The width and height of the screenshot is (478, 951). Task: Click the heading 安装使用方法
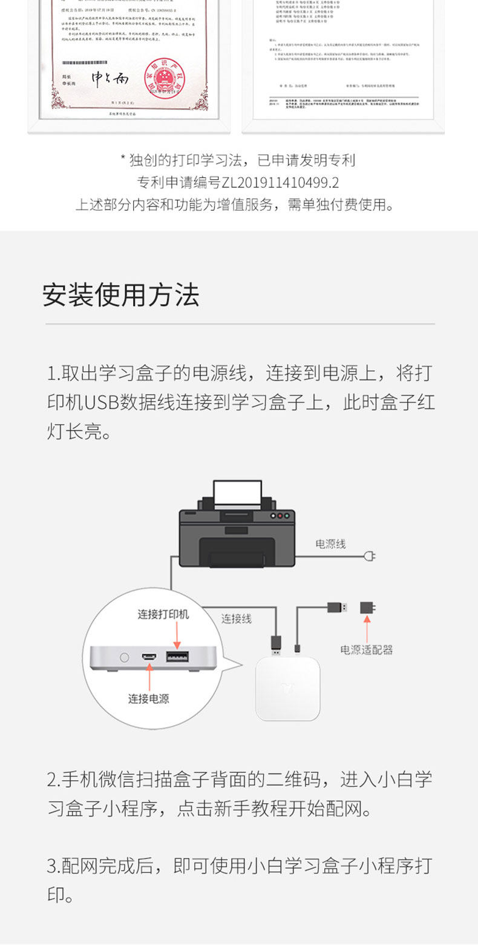pyautogui.click(x=120, y=295)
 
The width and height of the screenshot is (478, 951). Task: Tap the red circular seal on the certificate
pyautogui.click(x=164, y=80)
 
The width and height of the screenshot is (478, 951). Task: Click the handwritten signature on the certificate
pyautogui.click(x=110, y=78)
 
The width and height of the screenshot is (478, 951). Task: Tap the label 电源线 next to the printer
pyautogui.click(x=330, y=544)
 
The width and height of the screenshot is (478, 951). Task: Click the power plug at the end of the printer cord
pyautogui.click(x=370, y=555)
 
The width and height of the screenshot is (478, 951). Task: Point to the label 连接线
pyautogui.click(x=236, y=618)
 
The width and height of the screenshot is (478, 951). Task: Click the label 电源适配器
pyautogui.click(x=366, y=650)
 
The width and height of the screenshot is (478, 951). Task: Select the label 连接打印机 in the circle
pyautogui.click(x=163, y=614)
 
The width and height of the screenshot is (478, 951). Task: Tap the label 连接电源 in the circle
pyautogui.click(x=148, y=698)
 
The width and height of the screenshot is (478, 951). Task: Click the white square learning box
pyautogui.click(x=287, y=688)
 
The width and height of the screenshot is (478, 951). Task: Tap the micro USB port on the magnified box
pyautogui.click(x=149, y=657)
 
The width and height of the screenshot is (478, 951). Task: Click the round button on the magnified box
pyautogui.click(x=125, y=657)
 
